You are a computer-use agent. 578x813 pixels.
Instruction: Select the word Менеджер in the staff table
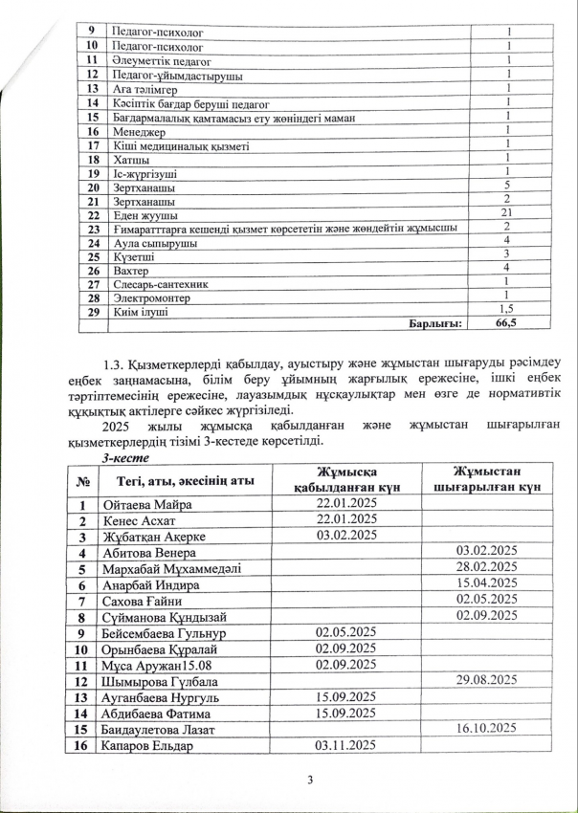pos(137,131)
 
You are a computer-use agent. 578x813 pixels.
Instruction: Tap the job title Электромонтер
pos(154,297)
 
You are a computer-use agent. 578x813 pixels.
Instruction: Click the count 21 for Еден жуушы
pos(509,213)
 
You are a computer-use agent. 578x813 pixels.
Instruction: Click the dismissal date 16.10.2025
pos(487,728)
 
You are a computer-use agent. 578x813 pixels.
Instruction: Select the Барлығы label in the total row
pos(434,324)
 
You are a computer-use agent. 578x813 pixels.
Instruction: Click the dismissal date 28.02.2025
pos(487,567)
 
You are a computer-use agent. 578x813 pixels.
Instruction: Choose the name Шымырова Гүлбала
pos(157,681)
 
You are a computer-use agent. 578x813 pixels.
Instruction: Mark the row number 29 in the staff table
pos(94,311)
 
